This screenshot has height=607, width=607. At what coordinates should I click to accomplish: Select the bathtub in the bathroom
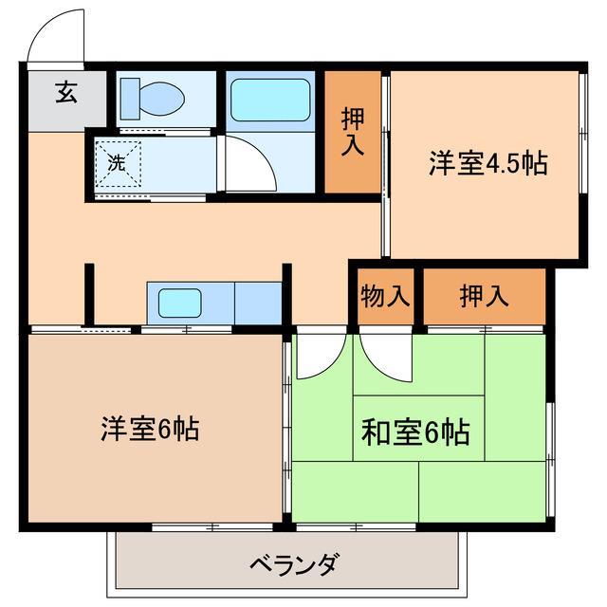pos(270,100)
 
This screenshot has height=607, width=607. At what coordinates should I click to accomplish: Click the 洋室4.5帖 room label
pos(487,163)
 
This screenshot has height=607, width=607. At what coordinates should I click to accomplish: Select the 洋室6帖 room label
pos(150,429)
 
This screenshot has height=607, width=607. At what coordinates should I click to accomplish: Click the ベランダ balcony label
pos(293,566)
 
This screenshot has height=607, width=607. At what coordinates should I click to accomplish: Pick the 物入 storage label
pos(385,296)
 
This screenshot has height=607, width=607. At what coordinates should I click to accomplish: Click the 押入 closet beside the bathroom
pos(354,132)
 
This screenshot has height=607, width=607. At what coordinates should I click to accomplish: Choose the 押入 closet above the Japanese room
pos(484,296)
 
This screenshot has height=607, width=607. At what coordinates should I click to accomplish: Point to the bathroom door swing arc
pos(249,163)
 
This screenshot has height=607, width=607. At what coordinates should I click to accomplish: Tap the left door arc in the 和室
pos(319,356)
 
